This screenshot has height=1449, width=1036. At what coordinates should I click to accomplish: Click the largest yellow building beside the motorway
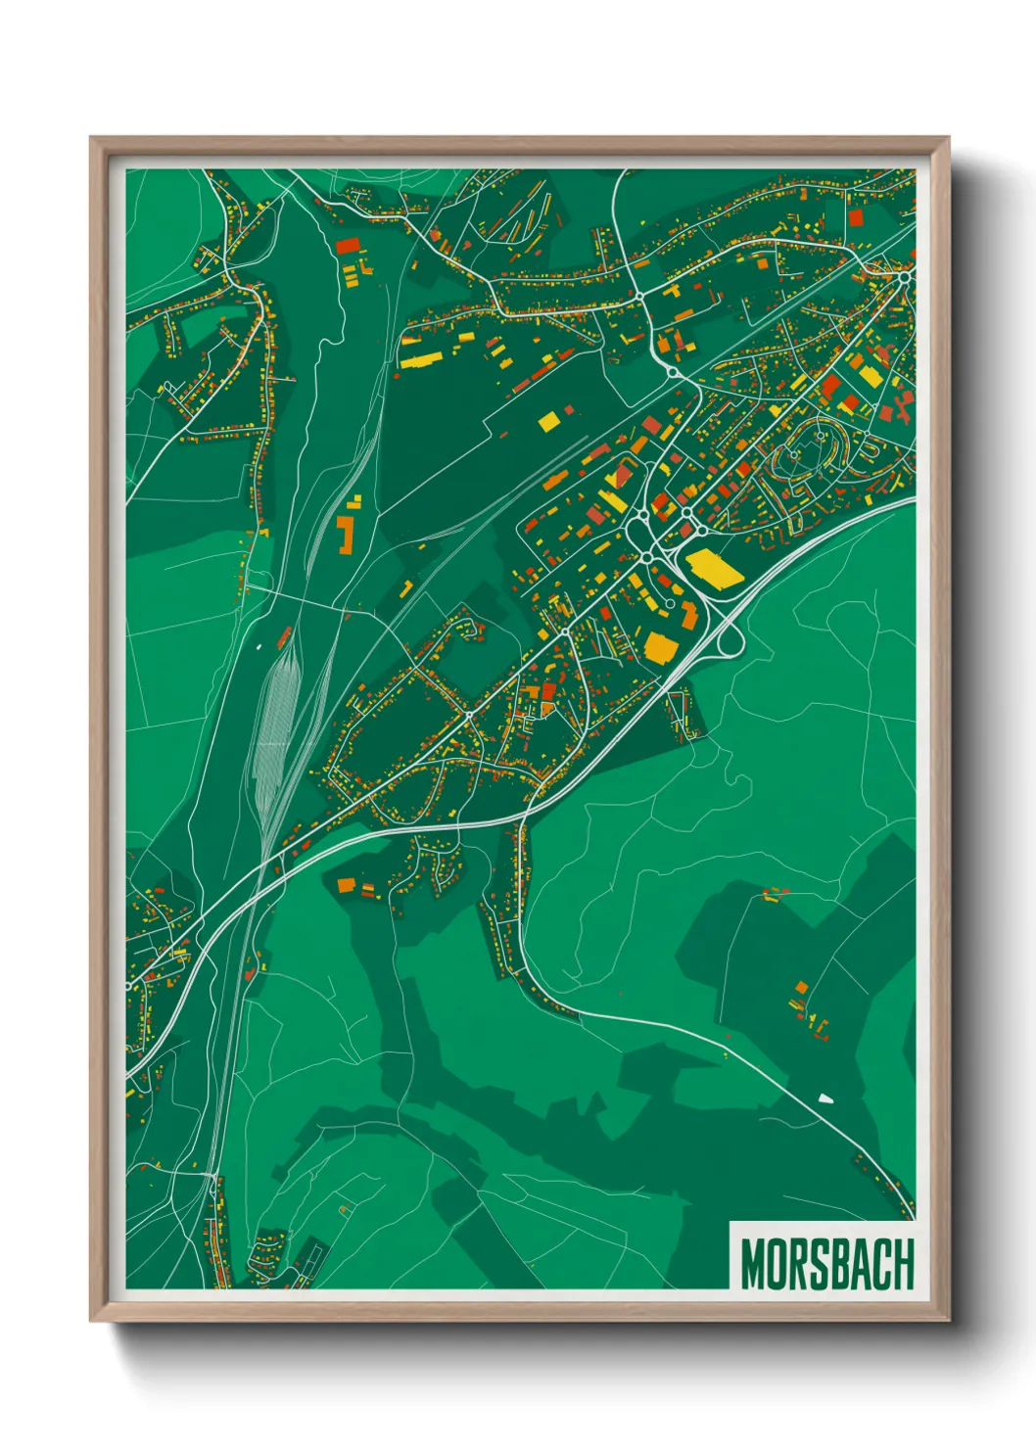pyautogui.click(x=716, y=569)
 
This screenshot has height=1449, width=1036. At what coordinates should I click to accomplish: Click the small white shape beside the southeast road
pyautogui.click(x=824, y=1098)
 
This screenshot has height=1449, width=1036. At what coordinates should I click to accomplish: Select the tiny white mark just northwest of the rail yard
pyautogui.click(x=259, y=645)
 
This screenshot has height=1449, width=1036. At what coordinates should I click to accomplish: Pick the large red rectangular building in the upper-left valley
pyautogui.click(x=347, y=246)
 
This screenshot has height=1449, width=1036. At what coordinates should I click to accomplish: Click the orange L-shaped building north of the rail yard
pyautogui.click(x=345, y=535)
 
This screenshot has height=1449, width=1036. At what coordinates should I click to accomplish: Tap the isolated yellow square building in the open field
pyautogui.click(x=548, y=421)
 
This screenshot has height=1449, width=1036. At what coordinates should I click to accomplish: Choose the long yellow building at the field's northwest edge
pyautogui.click(x=418, y=360)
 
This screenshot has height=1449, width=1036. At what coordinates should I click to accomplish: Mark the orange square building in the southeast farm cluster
pyautogui.click(x=801, y=987)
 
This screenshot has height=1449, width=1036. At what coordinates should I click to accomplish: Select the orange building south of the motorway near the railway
pyautogui.click(x=346, y=885)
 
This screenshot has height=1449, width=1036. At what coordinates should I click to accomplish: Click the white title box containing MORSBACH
pyautogui.click(x=822, y=1256)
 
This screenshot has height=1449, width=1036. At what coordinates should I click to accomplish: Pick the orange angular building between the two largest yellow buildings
pyautogui.click(x=689, y=615)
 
